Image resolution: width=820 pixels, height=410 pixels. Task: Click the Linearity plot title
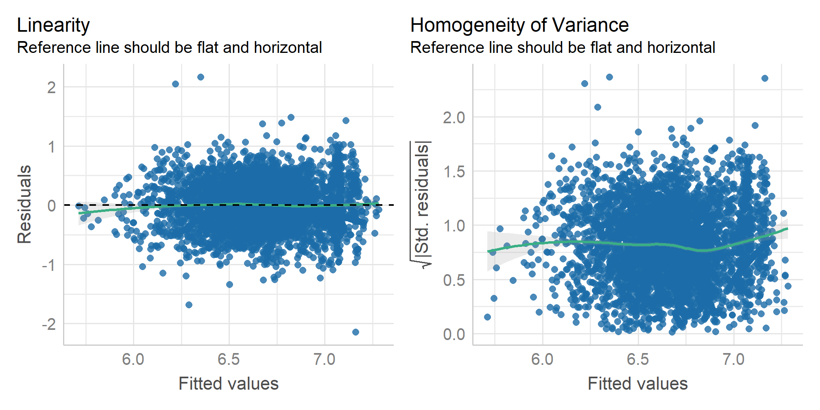[53, 25]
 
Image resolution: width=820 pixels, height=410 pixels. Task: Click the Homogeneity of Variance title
[519, 25]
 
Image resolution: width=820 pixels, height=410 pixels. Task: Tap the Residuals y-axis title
[24, 204]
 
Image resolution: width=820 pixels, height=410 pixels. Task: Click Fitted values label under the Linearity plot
[229, 384]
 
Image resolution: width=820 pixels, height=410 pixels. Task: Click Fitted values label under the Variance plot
[637, 384]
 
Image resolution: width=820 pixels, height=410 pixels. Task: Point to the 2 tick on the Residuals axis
[51, 87]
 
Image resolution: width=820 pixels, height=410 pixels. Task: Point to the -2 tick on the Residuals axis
[49, 325]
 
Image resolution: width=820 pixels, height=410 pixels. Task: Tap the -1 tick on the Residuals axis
[49, 265]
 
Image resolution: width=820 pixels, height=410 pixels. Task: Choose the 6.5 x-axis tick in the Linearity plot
[229, 360]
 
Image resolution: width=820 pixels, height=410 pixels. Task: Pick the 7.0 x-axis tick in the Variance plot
[733, 360]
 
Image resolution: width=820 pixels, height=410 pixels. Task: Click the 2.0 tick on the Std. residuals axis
[454, 118]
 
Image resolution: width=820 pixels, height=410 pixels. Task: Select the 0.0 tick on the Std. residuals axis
[454, 334]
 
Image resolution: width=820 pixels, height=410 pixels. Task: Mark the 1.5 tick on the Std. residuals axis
[454, 172]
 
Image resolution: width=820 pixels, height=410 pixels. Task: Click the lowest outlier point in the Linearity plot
[355, 332]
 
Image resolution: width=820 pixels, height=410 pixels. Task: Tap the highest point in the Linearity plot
[201, 77]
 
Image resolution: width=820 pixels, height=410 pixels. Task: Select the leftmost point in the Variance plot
[487, 317]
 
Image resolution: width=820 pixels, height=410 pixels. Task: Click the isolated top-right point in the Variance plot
[765, 78]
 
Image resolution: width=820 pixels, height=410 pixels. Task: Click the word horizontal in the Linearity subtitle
[288, 48]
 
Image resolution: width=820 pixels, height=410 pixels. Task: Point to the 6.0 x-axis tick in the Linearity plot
[133, 360]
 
